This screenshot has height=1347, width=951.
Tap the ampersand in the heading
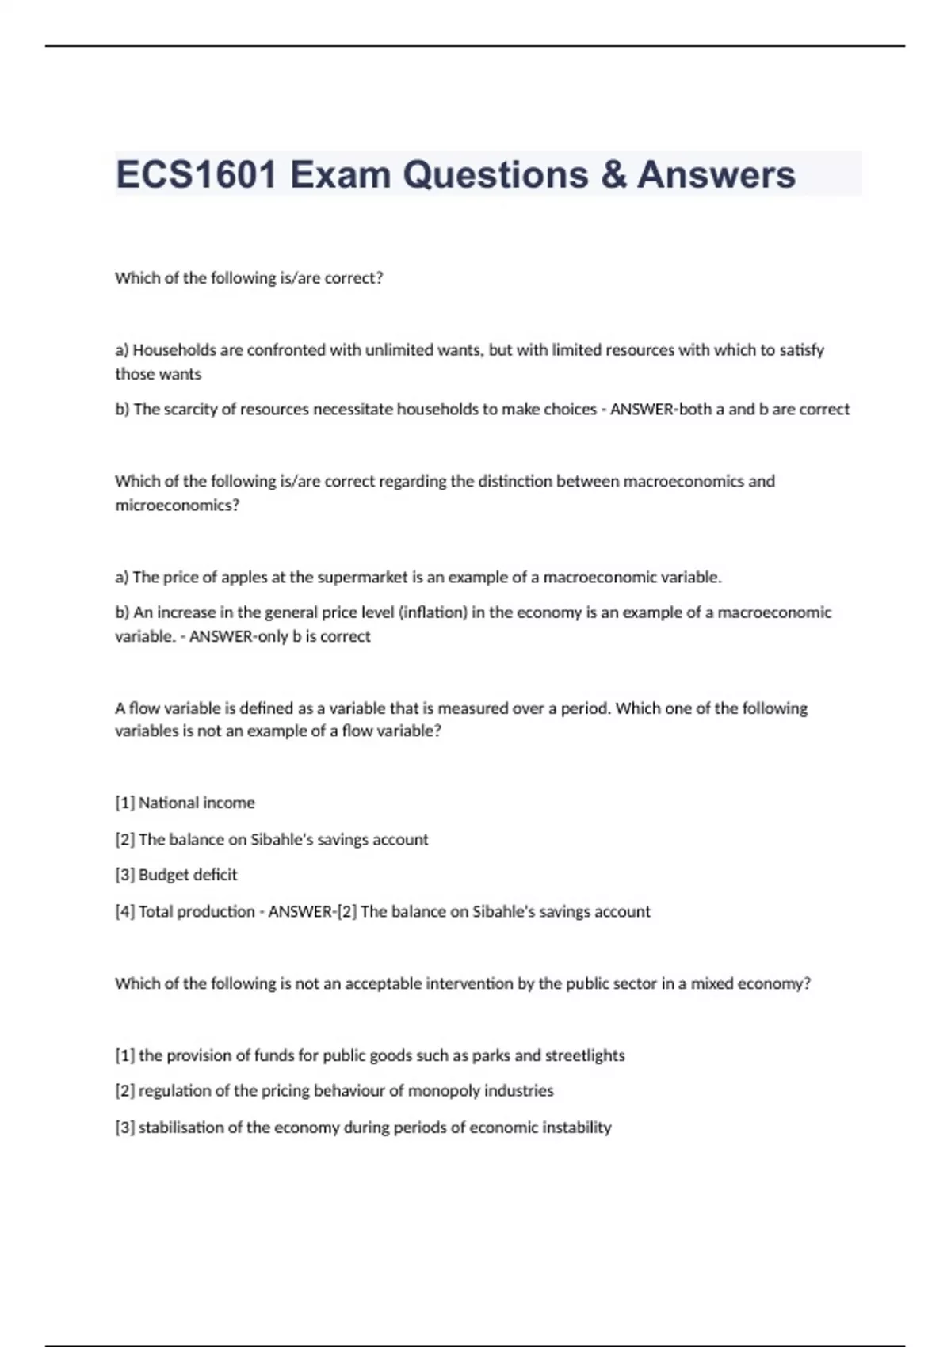pyautogui.click(x=613, y=174)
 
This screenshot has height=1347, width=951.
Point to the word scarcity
pyautogui.click(x=198, y=410)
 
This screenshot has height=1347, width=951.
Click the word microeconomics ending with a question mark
pyautogui.click(x=177, y=505)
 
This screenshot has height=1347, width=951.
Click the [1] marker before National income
pyautogui.click(x=124, y=803)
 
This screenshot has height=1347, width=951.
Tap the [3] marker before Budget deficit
pyautogui.click(x=124, y=875)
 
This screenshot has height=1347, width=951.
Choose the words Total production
pyautogui.click(x=197, y=911)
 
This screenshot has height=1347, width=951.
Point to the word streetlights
pyautogui.click(x=585, y=1055)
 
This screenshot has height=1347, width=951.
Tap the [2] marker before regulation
pyautogui.click(x=124, y=1091)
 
